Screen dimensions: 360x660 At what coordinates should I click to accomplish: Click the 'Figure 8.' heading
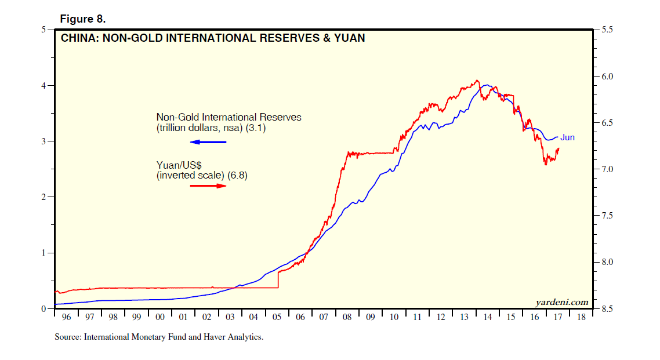click(x=83, y=19)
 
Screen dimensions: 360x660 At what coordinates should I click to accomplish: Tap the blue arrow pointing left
click(x=208, y=142)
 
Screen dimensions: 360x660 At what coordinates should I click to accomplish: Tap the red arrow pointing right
click(x=208, y=186)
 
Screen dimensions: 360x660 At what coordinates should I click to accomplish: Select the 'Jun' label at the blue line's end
click(x=567, y=137)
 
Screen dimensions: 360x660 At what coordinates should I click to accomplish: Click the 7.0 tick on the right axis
click(x=608, y=169)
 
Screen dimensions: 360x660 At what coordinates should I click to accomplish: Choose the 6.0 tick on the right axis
click(x=608, y=77)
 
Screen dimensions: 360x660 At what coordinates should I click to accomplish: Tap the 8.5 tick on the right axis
click(x=608, y=309)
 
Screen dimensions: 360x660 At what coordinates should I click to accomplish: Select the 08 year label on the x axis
click(x=346, y=318)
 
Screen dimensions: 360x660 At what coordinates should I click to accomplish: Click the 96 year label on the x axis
click(x=67, y=318)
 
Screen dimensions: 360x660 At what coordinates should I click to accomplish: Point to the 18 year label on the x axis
click(x=581, y=318)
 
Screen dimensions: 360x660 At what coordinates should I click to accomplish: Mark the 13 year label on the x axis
click(x=464, y=318)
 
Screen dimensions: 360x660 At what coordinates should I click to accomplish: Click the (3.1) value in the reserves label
click(x=255, y=129)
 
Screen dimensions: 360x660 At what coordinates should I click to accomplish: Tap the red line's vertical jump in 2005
click(x=278, y=280)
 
